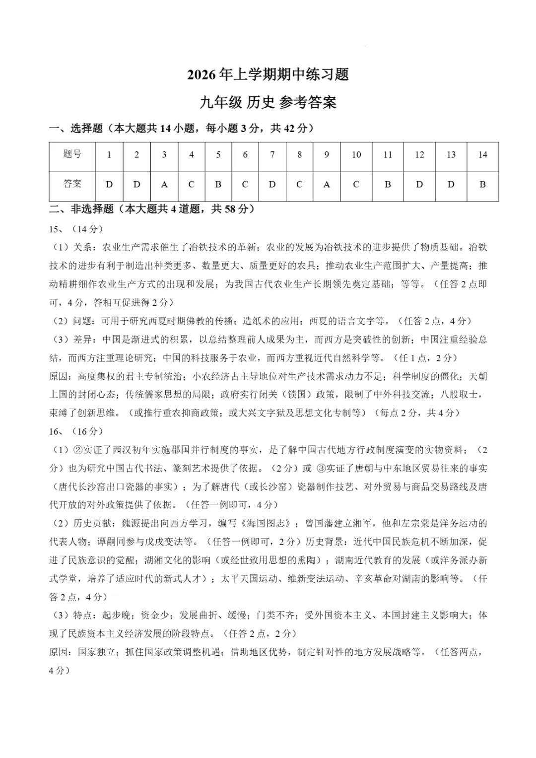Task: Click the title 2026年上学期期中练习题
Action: point(268,75)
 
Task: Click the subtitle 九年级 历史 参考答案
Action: point(268,102)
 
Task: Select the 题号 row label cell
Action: point(72,154)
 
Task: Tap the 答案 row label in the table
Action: point(72,184)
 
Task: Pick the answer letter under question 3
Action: point(164,185)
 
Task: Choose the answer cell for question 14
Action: point(482,185)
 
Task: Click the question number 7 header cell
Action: point(272,155)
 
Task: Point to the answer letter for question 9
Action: point(327,185)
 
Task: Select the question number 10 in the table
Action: point(356,155)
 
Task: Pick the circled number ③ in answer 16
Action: point(321,468)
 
